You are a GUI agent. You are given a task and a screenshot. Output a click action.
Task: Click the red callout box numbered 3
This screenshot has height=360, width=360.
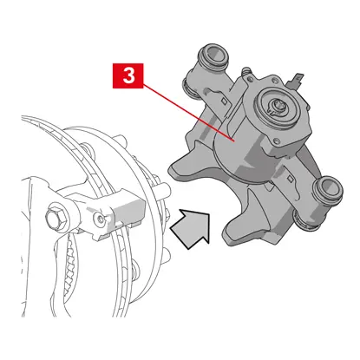pos(128,75)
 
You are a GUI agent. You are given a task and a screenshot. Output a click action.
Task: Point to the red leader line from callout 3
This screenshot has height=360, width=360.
pos(188,112)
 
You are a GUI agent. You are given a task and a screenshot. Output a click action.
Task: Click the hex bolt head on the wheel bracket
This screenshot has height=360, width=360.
pos(57,217)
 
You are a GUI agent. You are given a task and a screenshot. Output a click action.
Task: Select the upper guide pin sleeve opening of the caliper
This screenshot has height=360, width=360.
pos(213,56)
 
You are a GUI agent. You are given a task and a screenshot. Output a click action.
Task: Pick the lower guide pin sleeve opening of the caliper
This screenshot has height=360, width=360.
pos(329,188)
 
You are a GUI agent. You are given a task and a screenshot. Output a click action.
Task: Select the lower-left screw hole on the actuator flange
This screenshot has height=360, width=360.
pos(277,141)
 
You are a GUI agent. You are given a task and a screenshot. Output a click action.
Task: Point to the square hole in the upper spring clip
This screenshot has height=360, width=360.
pos(224,101)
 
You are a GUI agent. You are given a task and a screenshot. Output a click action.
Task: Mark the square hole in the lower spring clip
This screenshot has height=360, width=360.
pos(289,179)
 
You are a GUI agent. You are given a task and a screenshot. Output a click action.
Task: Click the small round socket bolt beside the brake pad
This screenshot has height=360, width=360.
pos(100,218)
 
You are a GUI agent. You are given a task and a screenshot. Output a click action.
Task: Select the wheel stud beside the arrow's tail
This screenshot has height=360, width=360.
pos(162,190)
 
